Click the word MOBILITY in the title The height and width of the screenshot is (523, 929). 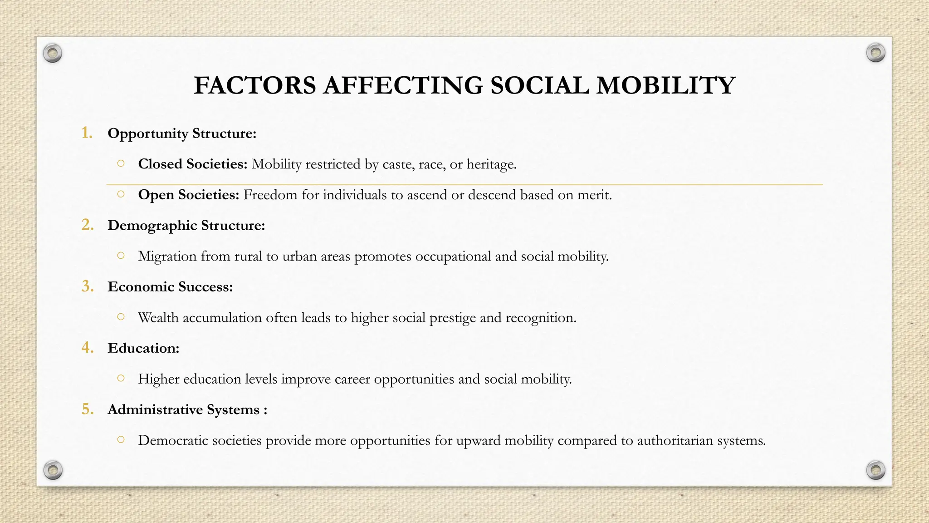tap(665, 85)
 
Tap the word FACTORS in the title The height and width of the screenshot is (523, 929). tap(255, 85)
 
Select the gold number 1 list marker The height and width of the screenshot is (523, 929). tap(87, 133)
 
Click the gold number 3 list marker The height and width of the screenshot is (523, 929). tap(87, 286)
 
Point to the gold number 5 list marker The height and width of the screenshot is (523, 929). tap(87, 409)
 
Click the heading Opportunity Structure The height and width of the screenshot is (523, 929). tap(182, 133)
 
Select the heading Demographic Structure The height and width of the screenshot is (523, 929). tap(186, 226)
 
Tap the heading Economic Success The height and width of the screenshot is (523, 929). tap(170, 287)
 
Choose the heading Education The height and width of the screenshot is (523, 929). tap(143, 348)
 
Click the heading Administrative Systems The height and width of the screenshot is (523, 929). tap(187, 410)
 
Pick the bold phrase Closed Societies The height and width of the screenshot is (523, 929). tap(192, 164)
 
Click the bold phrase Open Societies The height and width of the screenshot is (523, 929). tap(188, 195)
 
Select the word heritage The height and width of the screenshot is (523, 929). tap(491, 164)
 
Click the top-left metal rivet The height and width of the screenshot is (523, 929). tap(53, 54)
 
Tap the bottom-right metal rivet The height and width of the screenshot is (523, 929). tap(875, 469)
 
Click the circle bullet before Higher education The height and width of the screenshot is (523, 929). tap(121, 378)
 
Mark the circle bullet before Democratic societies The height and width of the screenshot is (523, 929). tap(121, 439)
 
